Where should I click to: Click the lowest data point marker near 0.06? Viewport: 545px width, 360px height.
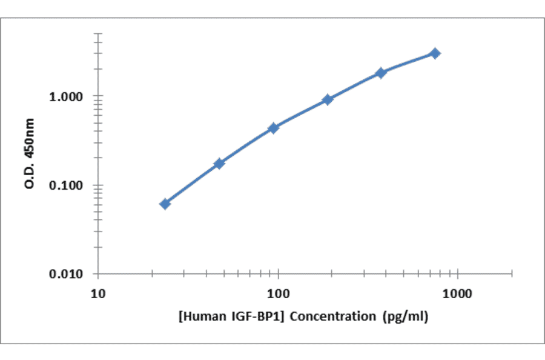tap(165, 204)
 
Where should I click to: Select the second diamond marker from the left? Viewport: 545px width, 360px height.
tap(219, 164)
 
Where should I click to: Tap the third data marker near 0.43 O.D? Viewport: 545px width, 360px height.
tap(273, 128)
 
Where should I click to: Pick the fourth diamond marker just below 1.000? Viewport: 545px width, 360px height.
tap(328, 99)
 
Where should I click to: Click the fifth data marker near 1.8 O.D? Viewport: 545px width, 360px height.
tap(381, 73)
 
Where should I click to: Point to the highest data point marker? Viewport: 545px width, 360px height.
tap(435, 53)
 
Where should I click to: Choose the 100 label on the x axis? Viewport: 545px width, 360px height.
tap(278, 295)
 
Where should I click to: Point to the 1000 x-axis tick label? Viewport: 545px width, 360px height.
tap(458, 295)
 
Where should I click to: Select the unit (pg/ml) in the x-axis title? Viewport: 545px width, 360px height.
tap(406, 316)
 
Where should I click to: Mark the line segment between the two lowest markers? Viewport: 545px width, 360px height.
tap(192, 183)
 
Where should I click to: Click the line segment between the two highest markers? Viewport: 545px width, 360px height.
tap(408, 62)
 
